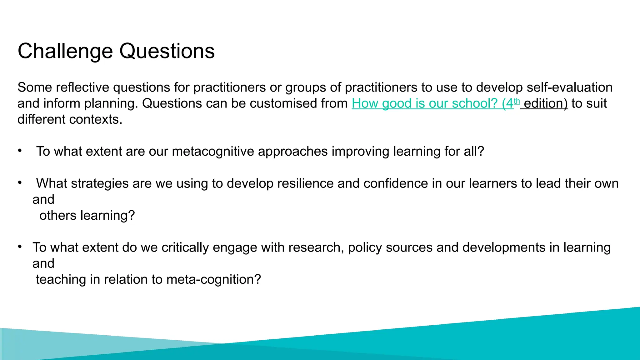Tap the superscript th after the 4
tap(517, 101)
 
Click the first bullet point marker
tap(20, 151)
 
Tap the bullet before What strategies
tap(20, 182)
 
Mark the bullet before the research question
tap(20, 247)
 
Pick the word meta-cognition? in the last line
tap(213, 279)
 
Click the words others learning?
tap(87, 216)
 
